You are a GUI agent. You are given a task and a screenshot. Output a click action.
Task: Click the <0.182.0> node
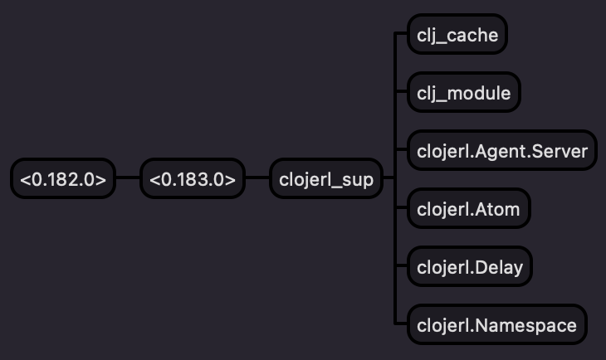click(63, 178)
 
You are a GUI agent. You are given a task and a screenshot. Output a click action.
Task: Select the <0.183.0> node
click(193, 178)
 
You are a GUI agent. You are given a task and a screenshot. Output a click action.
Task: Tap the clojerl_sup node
click(326, 178)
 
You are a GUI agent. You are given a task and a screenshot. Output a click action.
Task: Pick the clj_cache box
click(457, 35)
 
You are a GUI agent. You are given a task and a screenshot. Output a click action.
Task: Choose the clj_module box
click(463, 93)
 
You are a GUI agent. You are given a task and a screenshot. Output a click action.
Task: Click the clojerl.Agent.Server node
click(501, 151)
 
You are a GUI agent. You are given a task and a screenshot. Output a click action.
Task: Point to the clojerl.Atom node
click(468, 209)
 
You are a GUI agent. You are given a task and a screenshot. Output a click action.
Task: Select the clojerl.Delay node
click(469, 267)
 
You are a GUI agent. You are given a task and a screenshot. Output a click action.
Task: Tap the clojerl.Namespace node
click(496, 324)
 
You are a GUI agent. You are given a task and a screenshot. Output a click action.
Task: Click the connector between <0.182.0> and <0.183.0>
click(128, 178)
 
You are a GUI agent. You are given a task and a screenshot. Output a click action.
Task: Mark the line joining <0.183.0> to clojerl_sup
click(257, 178)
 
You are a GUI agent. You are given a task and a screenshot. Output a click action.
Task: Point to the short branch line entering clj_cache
click(401, 35)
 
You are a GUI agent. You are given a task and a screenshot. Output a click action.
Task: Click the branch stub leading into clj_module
click(401, 93)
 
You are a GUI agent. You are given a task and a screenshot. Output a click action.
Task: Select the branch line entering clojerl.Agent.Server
click(401, 151)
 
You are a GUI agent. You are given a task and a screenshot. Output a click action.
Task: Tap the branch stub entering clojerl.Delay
click(401, 267)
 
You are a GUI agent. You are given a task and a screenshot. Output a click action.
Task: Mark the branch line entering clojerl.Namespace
click(401, 324)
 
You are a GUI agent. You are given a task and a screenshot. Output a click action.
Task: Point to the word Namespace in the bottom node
click(526, 325)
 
